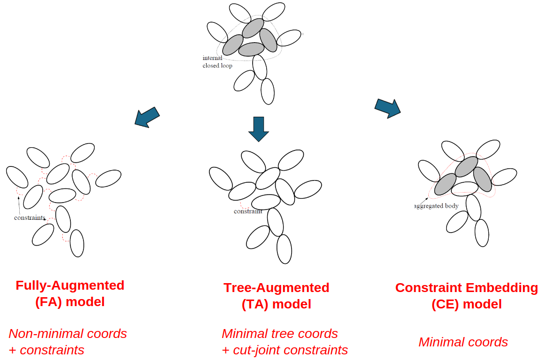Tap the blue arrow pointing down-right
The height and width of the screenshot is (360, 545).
[388, 108]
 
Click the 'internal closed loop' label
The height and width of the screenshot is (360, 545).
[217, 62]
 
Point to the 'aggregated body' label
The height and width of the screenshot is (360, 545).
[436, 206]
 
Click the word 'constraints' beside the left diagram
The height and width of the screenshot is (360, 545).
[30, 218]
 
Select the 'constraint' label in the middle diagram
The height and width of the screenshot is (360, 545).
[248, 211]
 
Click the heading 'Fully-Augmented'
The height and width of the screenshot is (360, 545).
[70, 285]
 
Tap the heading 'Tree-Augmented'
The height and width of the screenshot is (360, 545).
[276, 288]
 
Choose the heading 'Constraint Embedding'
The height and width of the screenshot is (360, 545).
[466, 288]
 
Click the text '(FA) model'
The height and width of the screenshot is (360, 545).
[70, 302]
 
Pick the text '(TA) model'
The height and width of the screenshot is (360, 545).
[276, 304]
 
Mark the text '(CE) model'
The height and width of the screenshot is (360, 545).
[466, 304]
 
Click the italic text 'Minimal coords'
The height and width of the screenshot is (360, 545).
[463, 342]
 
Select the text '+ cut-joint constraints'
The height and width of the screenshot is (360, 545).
[284, 350]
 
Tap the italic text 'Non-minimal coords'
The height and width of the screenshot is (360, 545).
[67, 334]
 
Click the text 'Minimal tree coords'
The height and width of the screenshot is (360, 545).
[280, 334]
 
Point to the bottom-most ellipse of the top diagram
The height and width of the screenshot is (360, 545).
[268, 91]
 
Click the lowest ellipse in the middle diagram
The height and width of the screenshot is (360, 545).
[284, 249]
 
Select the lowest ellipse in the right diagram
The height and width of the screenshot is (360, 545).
[482, 233]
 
